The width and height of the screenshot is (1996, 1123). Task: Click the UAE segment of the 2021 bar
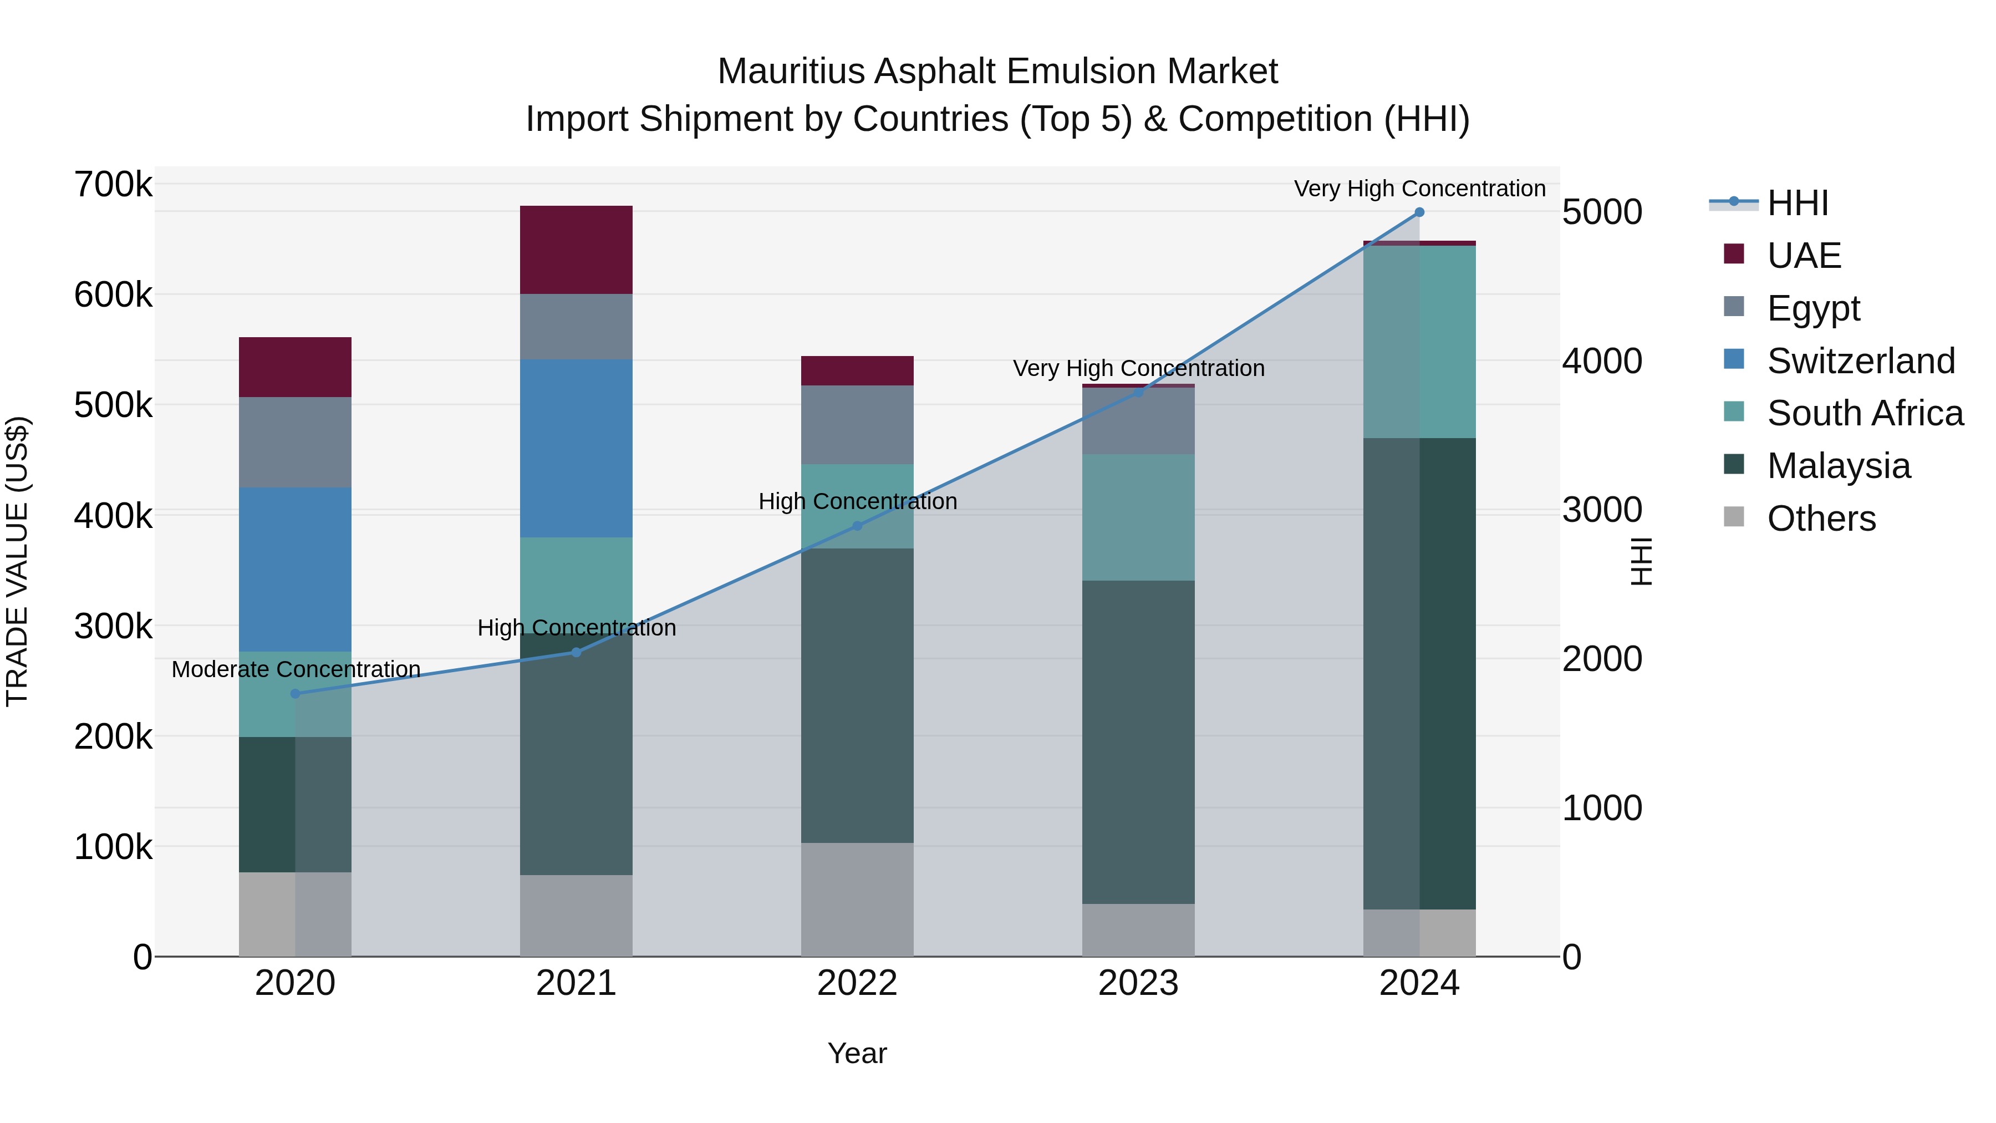[576, 250]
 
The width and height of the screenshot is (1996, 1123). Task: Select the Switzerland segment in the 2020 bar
[295, 569]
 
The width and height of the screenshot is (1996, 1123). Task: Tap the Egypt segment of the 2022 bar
[857, 425]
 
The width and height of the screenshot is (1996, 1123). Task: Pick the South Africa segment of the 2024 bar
[1419, 342]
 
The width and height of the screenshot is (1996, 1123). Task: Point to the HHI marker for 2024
[1419, 212]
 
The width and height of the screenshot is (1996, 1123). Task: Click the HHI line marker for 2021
[576, 653]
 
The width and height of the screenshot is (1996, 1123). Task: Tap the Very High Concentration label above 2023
[1138, 369]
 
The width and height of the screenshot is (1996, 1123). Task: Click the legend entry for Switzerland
[1860, 361]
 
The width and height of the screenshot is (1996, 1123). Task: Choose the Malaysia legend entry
[1838, 466]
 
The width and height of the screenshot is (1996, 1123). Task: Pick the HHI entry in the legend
[1798, 203]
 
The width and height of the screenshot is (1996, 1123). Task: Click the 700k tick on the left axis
[113, 185]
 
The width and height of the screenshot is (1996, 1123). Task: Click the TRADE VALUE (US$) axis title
[17, 561]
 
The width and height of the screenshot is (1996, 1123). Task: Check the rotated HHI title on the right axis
[1641, 561]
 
